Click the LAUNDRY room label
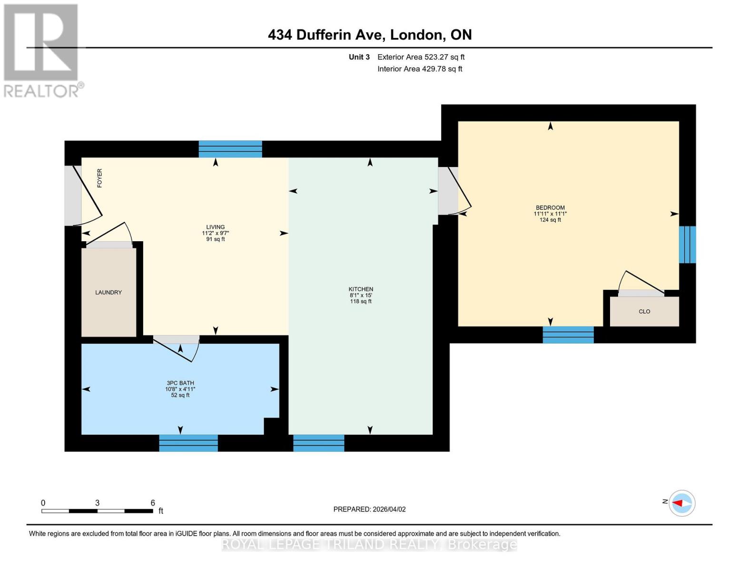point(108,292)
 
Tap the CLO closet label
point(644,312)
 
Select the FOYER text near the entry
point(99,178)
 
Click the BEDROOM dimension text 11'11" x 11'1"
point(550,214)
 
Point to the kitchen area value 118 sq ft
point(361,301)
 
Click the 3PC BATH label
point(180,383)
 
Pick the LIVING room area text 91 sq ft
point(216,239)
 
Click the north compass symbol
point(681,503)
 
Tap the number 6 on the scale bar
point(153,503)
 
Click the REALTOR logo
point(41,50)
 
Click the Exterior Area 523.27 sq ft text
point(421,57)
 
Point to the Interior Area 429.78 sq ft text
point(420,69)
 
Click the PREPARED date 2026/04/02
point(369,509)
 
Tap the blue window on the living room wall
point(230,149)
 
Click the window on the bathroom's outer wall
point(188,443)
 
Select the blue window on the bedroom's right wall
point(687,245)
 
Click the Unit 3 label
point(359,57)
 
